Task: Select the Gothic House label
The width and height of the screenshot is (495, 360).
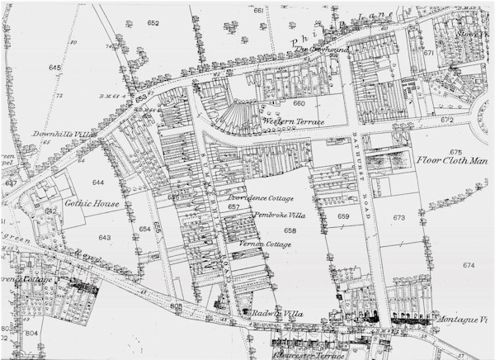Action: pyautogui.click(x=93, y=204)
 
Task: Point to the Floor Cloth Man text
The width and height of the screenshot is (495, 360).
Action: pyautogui.click(x=453, y=161)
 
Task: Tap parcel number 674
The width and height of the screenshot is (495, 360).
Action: pyautogui.click(x=469, y=265)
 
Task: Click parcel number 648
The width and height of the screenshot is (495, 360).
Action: pyautogui.click(x=55, y=67)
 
